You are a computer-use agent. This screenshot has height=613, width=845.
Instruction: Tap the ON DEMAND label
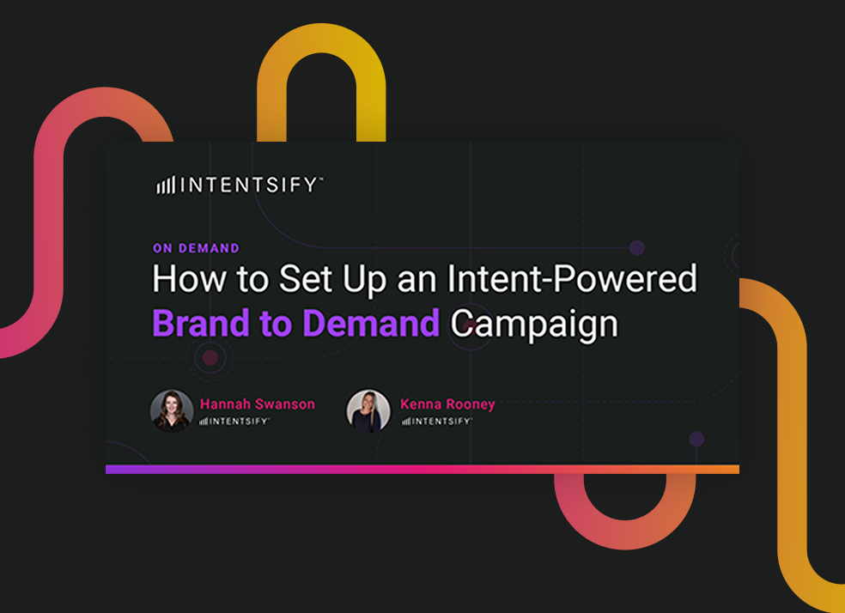196,248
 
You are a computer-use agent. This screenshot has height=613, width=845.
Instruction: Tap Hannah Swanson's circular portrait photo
171,410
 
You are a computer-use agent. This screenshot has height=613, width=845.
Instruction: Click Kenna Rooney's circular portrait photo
368,410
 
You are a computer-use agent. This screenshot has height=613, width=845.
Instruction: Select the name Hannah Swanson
258,404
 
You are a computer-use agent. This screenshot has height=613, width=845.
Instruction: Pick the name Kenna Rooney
447,404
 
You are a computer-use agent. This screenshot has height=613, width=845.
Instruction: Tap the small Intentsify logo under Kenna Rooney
436,422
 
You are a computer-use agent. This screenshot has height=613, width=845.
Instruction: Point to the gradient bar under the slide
422,470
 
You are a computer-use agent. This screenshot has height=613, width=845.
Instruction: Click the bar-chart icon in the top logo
165,185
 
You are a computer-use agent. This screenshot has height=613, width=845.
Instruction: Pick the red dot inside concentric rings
210,357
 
